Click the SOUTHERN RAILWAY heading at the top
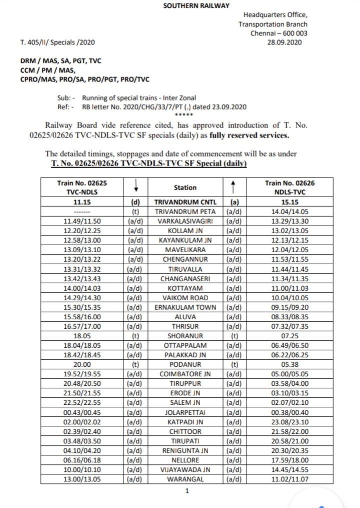coord(196,6)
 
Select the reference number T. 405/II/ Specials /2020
coord(57,42)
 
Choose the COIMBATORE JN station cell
coord(185,373)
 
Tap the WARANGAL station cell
coord(185,479)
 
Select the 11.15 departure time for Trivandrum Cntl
coord(82,202)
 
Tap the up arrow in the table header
coord(233,187)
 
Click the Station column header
coord(185,187)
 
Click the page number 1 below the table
coord(187,491)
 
